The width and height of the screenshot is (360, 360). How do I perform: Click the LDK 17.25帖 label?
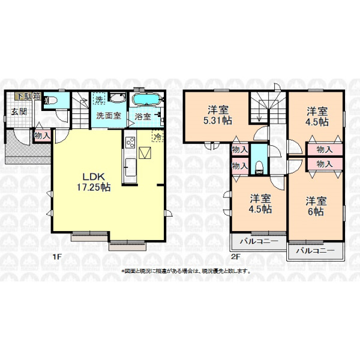(x=94, y=182)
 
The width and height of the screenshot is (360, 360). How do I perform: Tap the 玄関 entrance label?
(x=19, y=112)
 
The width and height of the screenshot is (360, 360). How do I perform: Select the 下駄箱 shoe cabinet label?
(x=28, y=96)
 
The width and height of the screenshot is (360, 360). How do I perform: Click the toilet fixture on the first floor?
(x=51, y=100)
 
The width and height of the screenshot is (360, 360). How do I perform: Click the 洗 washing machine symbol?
(x=99, y=100)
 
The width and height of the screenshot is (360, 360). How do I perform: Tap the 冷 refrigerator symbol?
(x=158, y=137)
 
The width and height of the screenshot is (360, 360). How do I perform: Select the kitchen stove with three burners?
(x=130, y=142)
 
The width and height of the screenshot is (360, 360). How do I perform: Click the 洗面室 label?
(x=109, y=115)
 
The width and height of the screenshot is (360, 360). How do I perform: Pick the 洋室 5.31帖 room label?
(x=218, y=115)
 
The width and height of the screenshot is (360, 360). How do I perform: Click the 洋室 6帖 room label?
(x=316, y=206)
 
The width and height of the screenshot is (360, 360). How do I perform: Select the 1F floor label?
(x=57, y=257)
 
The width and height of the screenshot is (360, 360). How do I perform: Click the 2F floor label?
(x=235, y=257)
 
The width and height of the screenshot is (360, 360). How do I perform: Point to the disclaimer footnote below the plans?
(x=186, y=271)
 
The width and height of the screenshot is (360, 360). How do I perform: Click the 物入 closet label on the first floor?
(x=42, y=136)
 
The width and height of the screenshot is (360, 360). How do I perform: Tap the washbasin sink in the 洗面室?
(x=118, y=98)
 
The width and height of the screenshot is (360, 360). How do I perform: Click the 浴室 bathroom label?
(x=142, y=116)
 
